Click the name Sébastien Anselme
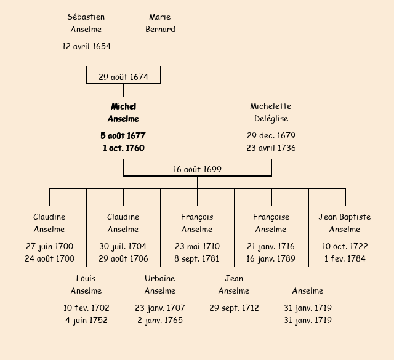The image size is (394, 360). pyautogui.click(x=86, y=23)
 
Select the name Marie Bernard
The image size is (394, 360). pyautogui.click(x=160, y=23)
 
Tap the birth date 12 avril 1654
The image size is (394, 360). pyautogui.click(x=86, y=46)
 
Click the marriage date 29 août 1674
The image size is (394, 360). pyautogui.click(x=123, y=77)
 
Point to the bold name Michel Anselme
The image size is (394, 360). pyautogui.click(x=123, y=113)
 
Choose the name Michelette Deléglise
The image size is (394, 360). pyautogui.click(x=271, y=113)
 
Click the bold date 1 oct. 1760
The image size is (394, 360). pyautogui.click(x=123, y=148)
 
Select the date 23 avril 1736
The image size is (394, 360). pyautogui.click(x=271, y=148)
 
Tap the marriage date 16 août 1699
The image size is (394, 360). pyautogui.click(x=197, y=169)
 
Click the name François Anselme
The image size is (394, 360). pyautogui.click(x=197, y=223)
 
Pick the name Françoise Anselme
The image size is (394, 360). pyautogui.click(x=271, y=223)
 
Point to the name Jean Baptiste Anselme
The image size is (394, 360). pyautogui.click(x=345, y=223)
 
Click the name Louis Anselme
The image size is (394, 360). pyautogui.click(x=86, y=284)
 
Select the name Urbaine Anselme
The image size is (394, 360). pyautogui.click(x=160, y=284)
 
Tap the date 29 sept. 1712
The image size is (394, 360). pyautogui.click(x=234, y=308)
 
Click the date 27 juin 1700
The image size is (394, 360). pyautogui.click(x=49, y=246)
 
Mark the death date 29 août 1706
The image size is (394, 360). pyautogui.click(x=123, y=258)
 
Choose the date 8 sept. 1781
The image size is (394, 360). pyautogui.click(x=197, y=258)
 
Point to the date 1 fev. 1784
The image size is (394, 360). pyautogui.click(x=345, y=258)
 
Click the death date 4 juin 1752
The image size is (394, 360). pyautogui.click(x=86, y=320)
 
